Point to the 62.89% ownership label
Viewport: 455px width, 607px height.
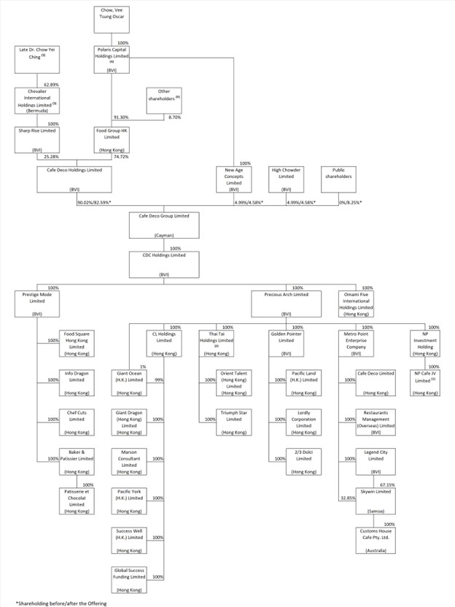[x=51, y=85]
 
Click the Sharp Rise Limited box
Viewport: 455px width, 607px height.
[x=37, y=139]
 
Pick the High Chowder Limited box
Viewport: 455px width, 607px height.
[x=286, y=179]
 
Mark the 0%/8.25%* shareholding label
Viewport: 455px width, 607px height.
[x=350, y=201]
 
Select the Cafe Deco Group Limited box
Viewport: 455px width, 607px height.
[x=164, y=225]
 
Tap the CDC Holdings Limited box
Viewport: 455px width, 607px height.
[x=164, y=265]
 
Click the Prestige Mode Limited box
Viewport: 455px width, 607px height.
[x=35, y=303]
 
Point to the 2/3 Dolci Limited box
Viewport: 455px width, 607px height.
[x=301, y=462]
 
